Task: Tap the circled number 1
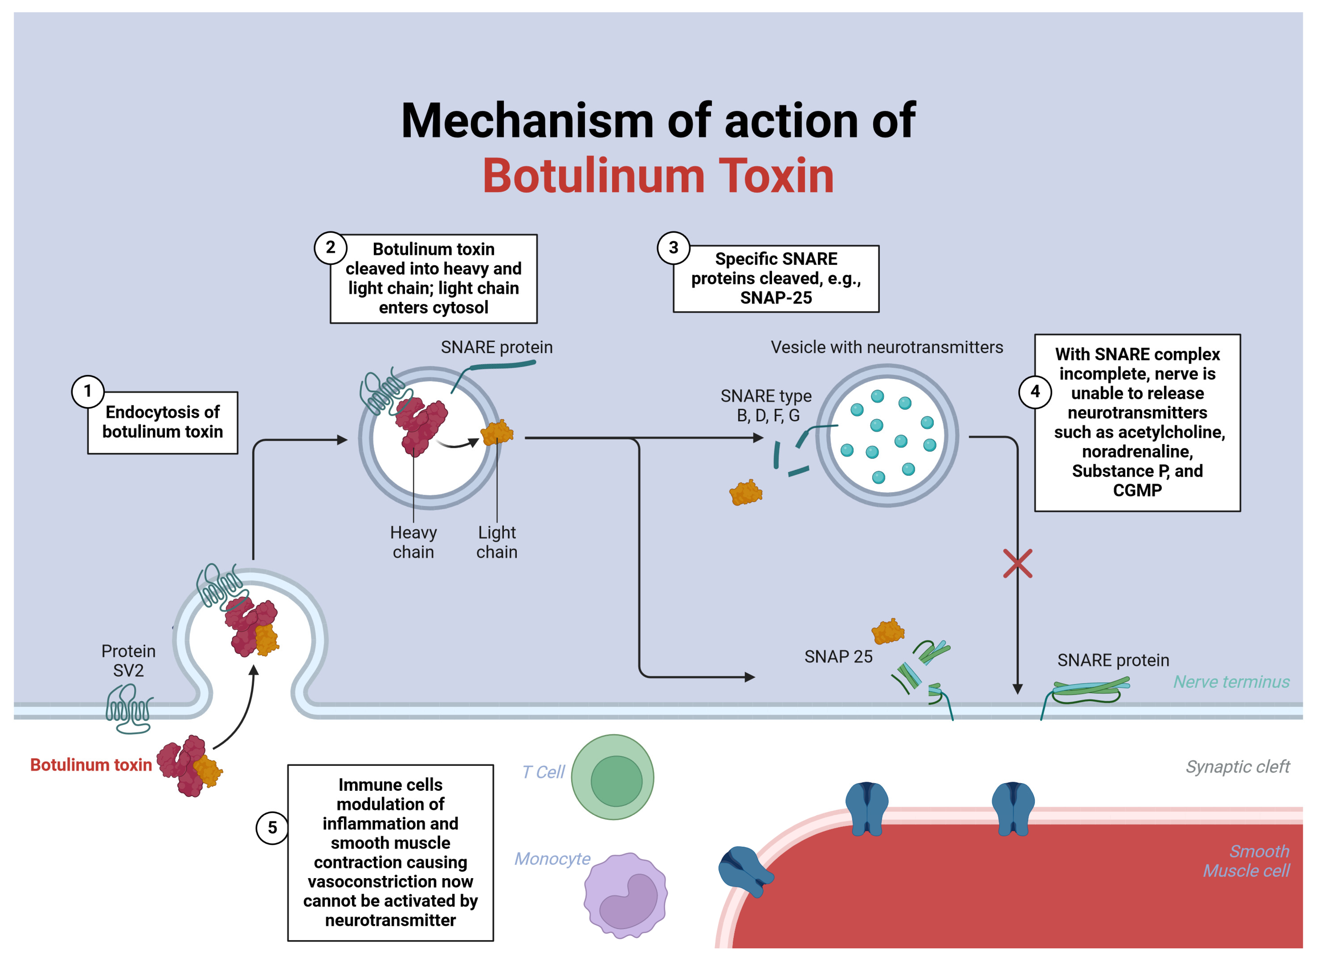[x=88, y=391]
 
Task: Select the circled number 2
[x=330, y=248]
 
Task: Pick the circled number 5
[x=272, y=827]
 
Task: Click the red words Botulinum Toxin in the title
[x=658, y=176]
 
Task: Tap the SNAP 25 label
[x=838, y=657]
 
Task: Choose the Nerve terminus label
[x=1231, y=682]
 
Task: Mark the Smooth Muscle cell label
[x=1246, y=861]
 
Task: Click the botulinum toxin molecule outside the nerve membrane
[x=189, y=766]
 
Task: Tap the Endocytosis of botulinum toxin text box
[x=163, y=422]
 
